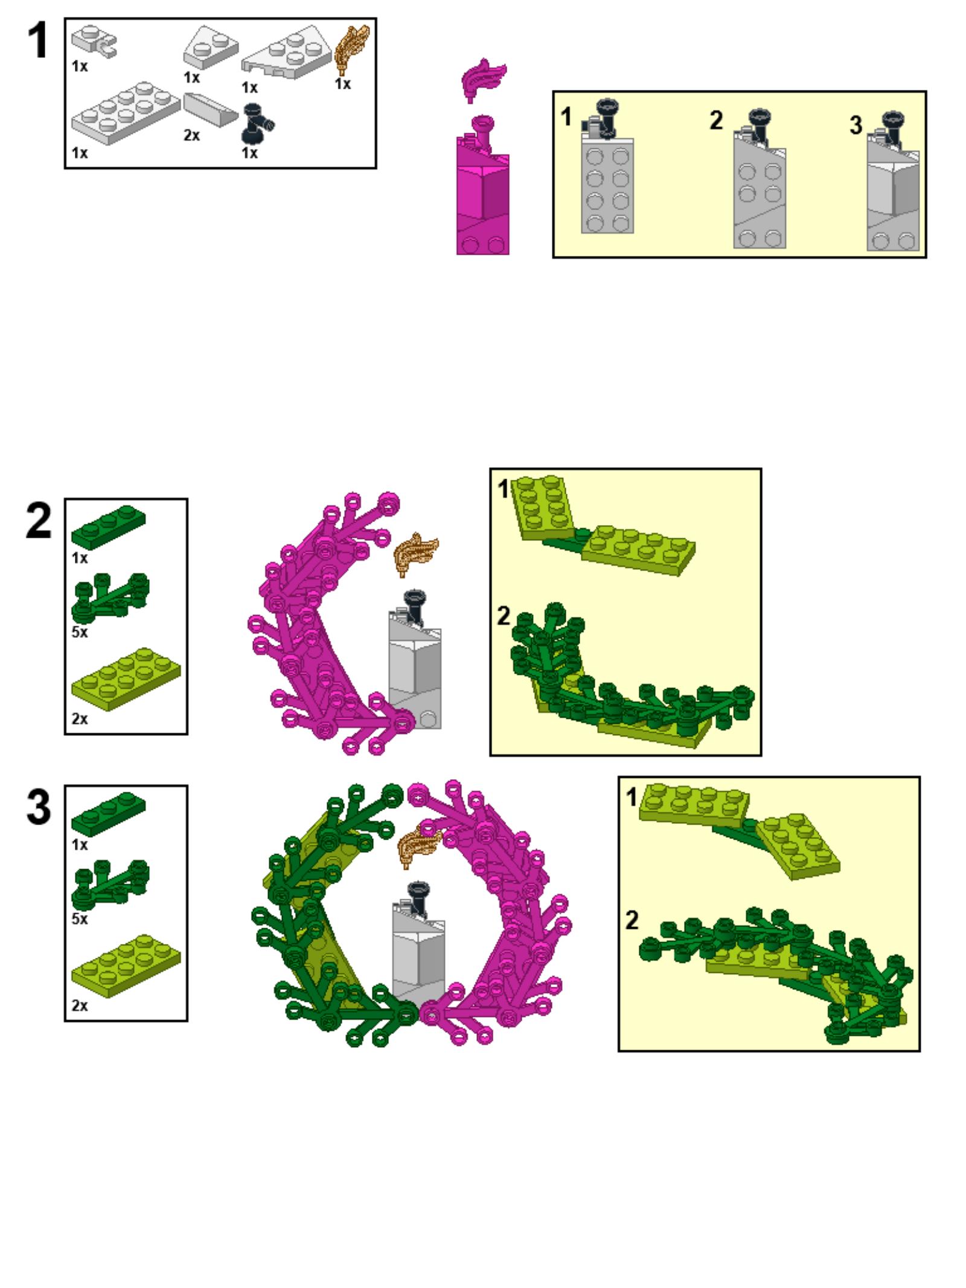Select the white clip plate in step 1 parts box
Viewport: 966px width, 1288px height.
point(94,42)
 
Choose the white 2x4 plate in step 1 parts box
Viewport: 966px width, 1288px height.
point(126,113)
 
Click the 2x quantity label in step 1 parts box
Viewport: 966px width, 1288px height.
point(191,136)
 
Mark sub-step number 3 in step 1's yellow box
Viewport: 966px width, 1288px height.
point(856,126)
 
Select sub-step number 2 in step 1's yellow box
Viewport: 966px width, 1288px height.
point(716,120)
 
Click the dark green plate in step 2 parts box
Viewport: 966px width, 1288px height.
point(109,526)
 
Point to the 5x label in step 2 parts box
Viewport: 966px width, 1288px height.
point(80,632)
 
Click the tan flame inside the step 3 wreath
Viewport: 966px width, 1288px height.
point(420,847)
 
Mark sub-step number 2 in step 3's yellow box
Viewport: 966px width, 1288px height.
point(632,920)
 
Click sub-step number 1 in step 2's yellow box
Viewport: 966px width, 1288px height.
point(503,489)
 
